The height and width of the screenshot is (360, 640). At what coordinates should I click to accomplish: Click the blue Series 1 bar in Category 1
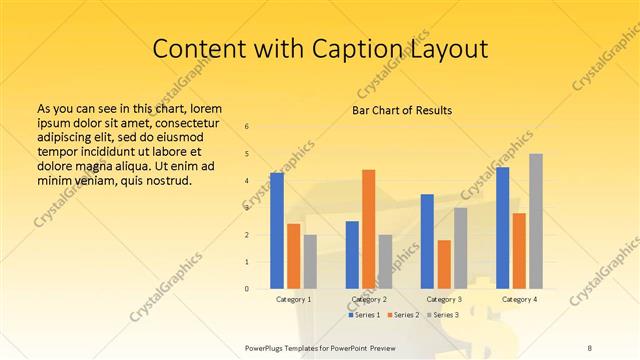click(277, 231)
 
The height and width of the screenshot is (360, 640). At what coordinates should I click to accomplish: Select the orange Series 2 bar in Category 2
click(368, 229)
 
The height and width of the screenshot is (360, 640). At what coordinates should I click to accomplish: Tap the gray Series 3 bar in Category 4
click(536, 221)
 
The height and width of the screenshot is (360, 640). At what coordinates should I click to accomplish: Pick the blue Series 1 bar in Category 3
click(427, 241)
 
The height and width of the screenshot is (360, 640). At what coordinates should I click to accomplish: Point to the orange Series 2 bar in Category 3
click(444, 264)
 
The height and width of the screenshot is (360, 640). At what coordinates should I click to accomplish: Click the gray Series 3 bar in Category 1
click(310, 262)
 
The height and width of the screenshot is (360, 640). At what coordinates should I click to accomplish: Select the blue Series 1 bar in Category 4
click(502, 228)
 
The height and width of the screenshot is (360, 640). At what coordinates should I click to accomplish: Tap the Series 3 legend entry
click(442, 315)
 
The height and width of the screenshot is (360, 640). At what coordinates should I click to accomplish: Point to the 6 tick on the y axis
click(247, 127)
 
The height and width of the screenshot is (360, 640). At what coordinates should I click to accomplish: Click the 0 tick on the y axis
click(247, 289)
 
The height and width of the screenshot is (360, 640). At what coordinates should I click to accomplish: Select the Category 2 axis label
click(369, 299)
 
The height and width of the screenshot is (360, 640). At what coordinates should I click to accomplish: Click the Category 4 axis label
click(519, 299)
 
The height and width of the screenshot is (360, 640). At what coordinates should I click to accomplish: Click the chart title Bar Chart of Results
click(402, 109)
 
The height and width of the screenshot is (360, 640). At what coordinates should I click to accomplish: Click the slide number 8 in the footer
click(589, 346)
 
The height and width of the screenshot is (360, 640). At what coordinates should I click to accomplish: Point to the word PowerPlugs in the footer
click(265, 346)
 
